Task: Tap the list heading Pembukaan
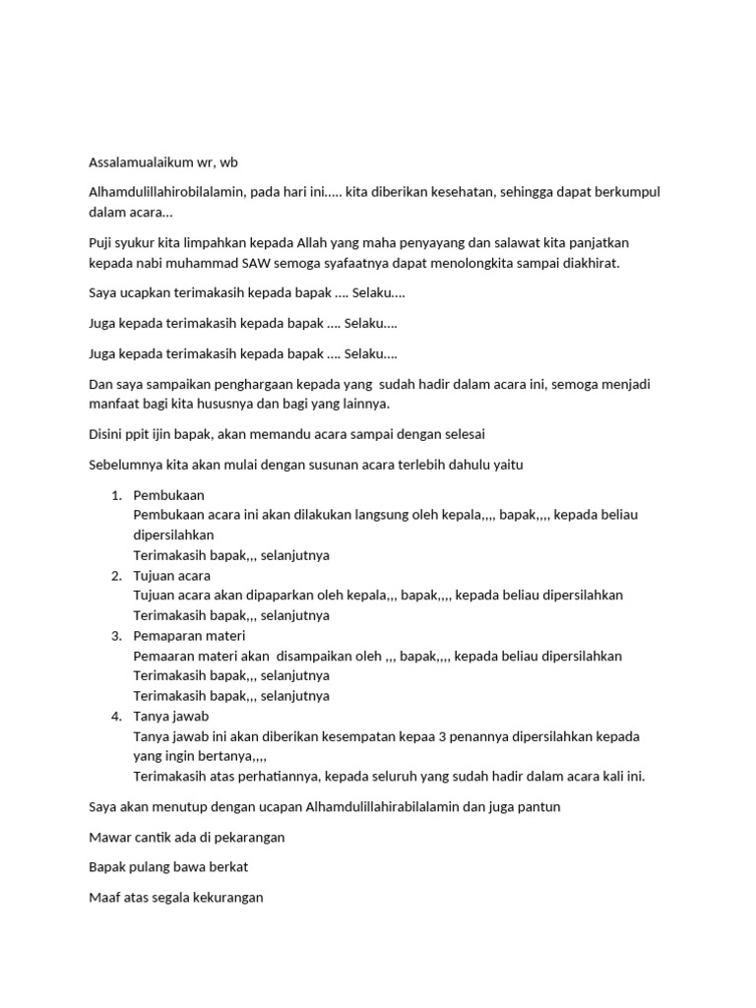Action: [168, 495]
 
